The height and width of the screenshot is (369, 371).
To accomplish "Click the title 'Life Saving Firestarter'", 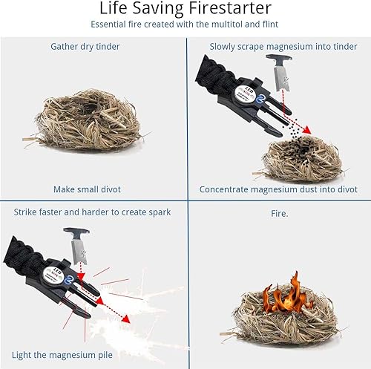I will coord(185,10).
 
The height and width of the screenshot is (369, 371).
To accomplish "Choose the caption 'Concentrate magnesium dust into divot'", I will coord(278,189).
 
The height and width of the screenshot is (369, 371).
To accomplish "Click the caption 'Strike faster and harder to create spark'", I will coord(92,212).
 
